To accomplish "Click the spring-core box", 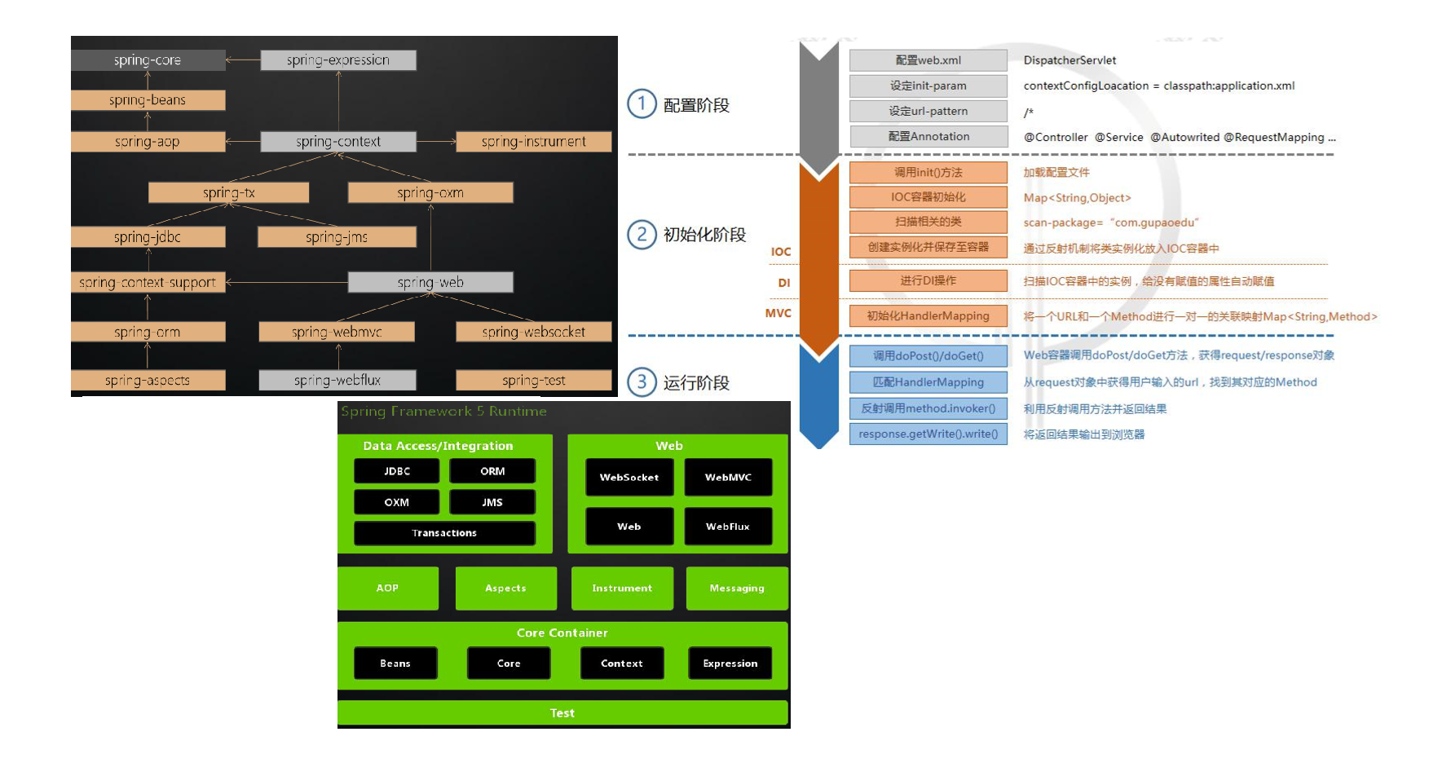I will pos(148,60).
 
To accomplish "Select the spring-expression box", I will pos(338,60).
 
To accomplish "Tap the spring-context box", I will pos(338,142).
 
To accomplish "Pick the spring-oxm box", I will pos(430,192).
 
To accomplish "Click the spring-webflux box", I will pos(337,380).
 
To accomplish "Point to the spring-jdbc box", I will pos(148,237).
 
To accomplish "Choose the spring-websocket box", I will pos(533,332).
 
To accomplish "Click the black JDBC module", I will pos(397,471).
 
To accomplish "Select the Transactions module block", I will pos(444,533).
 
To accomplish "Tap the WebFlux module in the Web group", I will pos(728,527).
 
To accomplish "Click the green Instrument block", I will pos(622,589).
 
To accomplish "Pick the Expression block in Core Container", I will pos(730,664).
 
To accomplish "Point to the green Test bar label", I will pos(562,713).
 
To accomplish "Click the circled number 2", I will pos(642,235).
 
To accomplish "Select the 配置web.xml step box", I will pos(929,60).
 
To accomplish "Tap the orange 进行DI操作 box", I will pos(929,280).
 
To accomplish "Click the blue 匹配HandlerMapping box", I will pos(929,382).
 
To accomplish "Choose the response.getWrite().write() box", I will pos(929,434).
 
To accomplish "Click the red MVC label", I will pos(779,313).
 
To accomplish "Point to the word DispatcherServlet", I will pos(1070,60).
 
